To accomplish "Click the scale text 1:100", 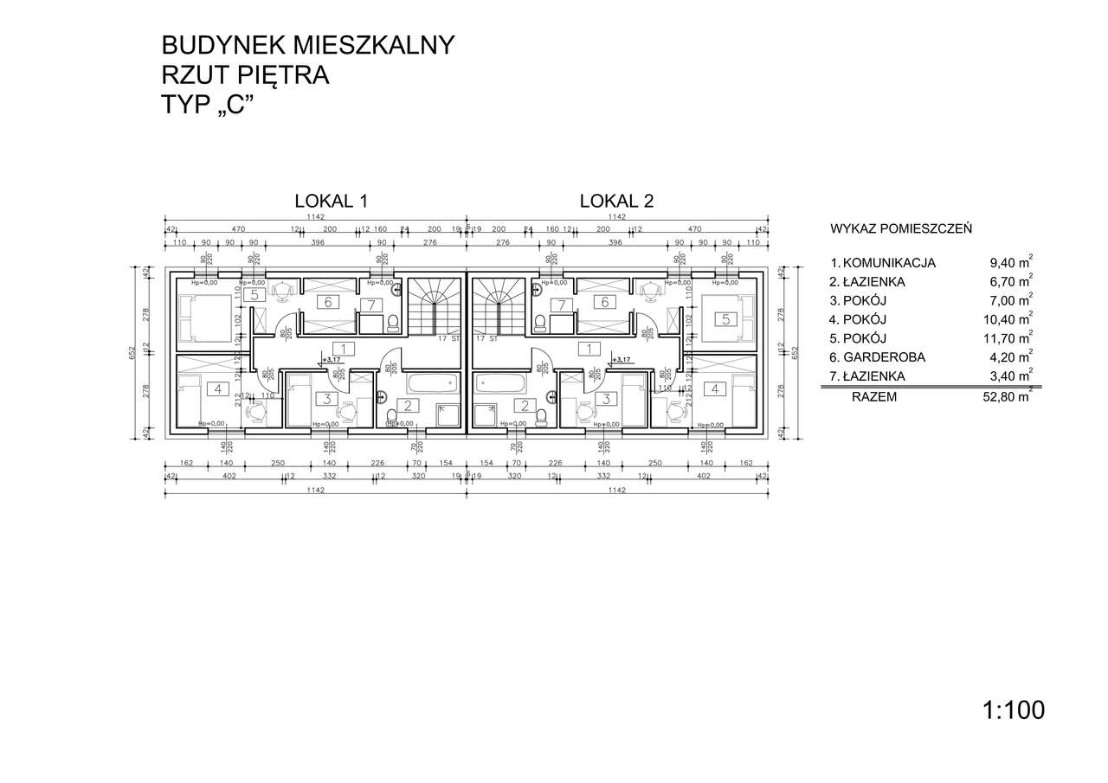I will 1014,710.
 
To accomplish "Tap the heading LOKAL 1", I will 332,201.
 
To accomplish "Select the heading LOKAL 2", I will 615,201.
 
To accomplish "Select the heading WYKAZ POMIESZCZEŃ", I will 900,229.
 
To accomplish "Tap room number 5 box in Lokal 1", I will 254,295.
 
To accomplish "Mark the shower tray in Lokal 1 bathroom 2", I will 448,416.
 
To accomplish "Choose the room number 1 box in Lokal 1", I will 344,349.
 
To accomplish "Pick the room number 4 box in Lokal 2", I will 715,389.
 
